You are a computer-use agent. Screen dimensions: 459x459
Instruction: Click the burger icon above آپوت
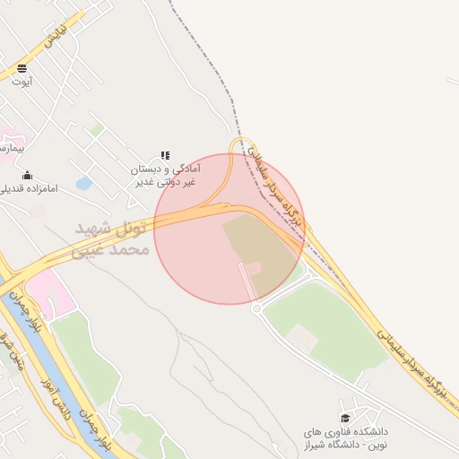point(22,68)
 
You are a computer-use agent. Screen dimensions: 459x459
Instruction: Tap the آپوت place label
point(22,82)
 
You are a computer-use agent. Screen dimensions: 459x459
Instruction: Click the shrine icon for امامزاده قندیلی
point(27,175)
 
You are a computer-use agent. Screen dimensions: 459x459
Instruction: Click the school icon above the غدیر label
point(164,156)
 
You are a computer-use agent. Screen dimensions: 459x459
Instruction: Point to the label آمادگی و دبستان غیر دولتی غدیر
point(166,175)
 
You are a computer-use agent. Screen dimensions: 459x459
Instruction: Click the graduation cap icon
point(345,418)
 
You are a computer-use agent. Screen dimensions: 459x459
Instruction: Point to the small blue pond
point(83,184)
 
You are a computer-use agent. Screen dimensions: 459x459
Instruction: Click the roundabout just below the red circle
point(256,308)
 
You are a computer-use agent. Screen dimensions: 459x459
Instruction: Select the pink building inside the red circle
point(253,268)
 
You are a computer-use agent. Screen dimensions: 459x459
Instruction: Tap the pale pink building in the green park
point(301,338)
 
